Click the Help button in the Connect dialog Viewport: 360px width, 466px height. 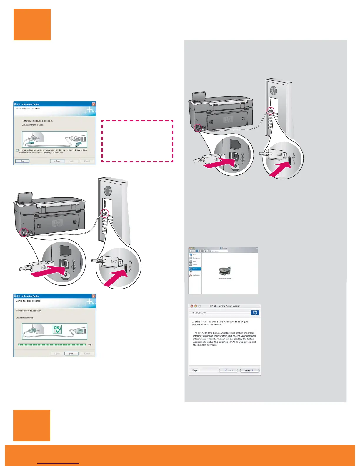pyautogui.click(x=22, y=161)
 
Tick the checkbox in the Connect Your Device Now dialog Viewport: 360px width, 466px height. pyautogui.click(x=17, y=150)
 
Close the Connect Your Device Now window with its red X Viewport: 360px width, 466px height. pyautogui.click(x=94, y=104)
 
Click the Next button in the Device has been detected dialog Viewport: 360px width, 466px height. pyautogui.click(x=71, y=354)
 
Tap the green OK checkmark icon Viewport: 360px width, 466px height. pyautogui.click(x=57, y=329)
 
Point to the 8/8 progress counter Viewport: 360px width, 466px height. pyautogui.click(x=90, y=345)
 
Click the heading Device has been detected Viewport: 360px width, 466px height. pyautogui.click(x=28, y=301)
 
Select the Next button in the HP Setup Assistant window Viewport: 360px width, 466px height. pyautogui.click(x=249, y=370)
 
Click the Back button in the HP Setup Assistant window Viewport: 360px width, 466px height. pyautogui.click(x=229, y=370)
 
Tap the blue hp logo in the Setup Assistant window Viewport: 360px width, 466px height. pyautogui.click(x=255, y=313)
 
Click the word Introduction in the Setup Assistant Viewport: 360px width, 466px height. pyautogui.click(x=199, y=313)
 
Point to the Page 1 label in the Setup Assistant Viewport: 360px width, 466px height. pyautogui.click(x=196, y=370)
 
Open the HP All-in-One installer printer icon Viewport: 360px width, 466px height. pyautogui.click(x=225, y=271)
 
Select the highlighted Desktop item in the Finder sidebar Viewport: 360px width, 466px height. pyautogui.click(x=195, y=269)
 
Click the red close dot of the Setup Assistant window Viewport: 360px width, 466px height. pyautogui.click(x=192, y=306)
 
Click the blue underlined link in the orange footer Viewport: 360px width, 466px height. pyautogui.click(x=58, y=463)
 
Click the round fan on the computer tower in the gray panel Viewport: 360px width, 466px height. pyautogui.click(x=274, y=90)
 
